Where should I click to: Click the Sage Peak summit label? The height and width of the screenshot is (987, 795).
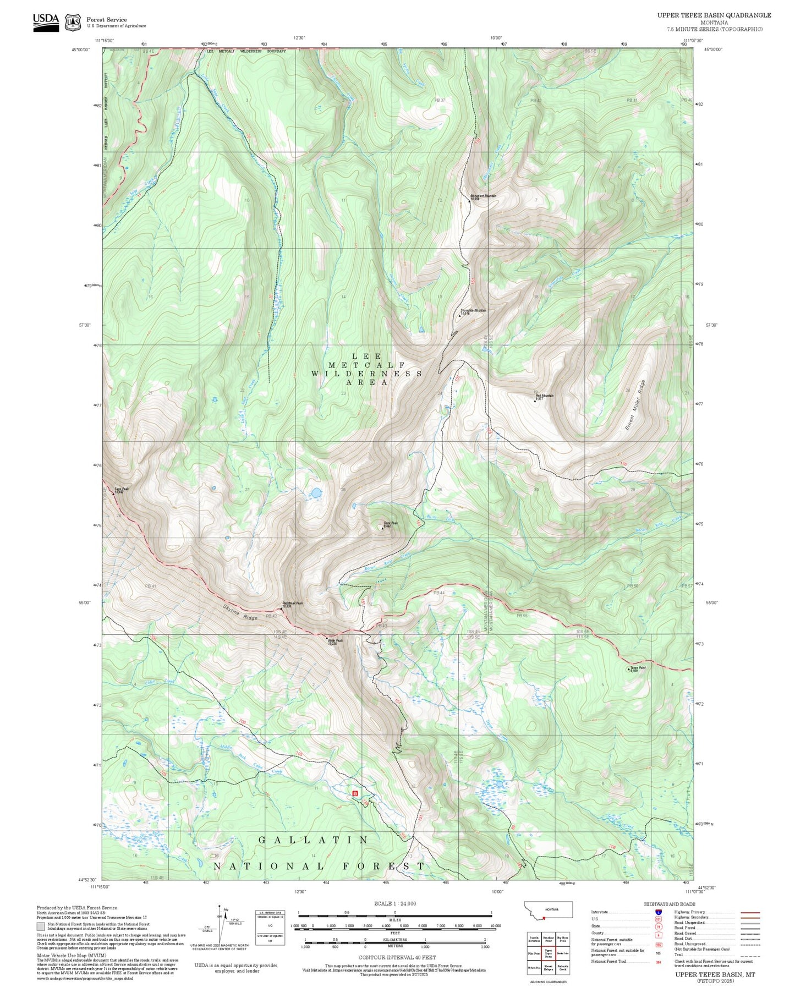pyautogui.click(x=122, y=490)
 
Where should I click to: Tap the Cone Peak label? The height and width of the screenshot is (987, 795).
pyautogui.click(x=390, y=524)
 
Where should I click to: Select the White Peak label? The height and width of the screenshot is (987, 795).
pyautogui.click(x=335, y=641)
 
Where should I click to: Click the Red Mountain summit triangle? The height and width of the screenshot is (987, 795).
pyautogui.click(x=535, y=401)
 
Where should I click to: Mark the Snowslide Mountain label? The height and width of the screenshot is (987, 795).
pyautogui.click(x=473, y=311)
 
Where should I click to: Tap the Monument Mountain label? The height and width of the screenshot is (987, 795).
pyautogui.click(x=483, y=196)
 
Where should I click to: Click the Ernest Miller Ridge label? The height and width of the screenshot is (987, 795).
pyautogui.click(x=634, y=405)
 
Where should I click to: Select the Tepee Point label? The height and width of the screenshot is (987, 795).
pyautogui.click(x=638, y=668)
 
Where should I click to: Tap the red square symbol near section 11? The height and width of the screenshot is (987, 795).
pyautogui.click(x=355, y=793)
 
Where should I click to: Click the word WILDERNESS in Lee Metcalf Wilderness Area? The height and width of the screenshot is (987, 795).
pyautogui.click(x=366, y=374)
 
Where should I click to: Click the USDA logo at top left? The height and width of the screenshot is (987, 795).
pyautogui.click(x=46, y=22)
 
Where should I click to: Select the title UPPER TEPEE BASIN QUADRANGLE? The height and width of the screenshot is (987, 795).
pyautogui.click(x=714, y=15)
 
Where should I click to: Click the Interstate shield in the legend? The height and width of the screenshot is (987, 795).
pyautogui.click(x=659, y=912)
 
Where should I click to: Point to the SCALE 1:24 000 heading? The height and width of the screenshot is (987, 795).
pyautogui.click(x=394, y=903)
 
